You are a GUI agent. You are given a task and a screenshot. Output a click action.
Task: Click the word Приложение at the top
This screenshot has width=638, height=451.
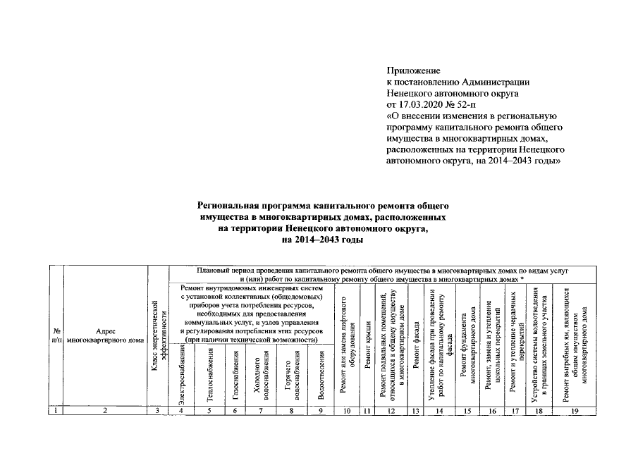[414, 71]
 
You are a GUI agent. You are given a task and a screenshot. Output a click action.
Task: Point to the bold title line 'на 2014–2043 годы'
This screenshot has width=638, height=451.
[322, 240]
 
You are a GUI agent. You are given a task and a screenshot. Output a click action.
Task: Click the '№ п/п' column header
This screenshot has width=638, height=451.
[55, 335]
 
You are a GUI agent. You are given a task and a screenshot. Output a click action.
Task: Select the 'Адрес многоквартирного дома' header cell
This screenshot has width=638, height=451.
[105, 335]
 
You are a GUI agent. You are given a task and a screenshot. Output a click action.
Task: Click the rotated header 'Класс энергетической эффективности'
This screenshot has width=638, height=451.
[159, 335]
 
